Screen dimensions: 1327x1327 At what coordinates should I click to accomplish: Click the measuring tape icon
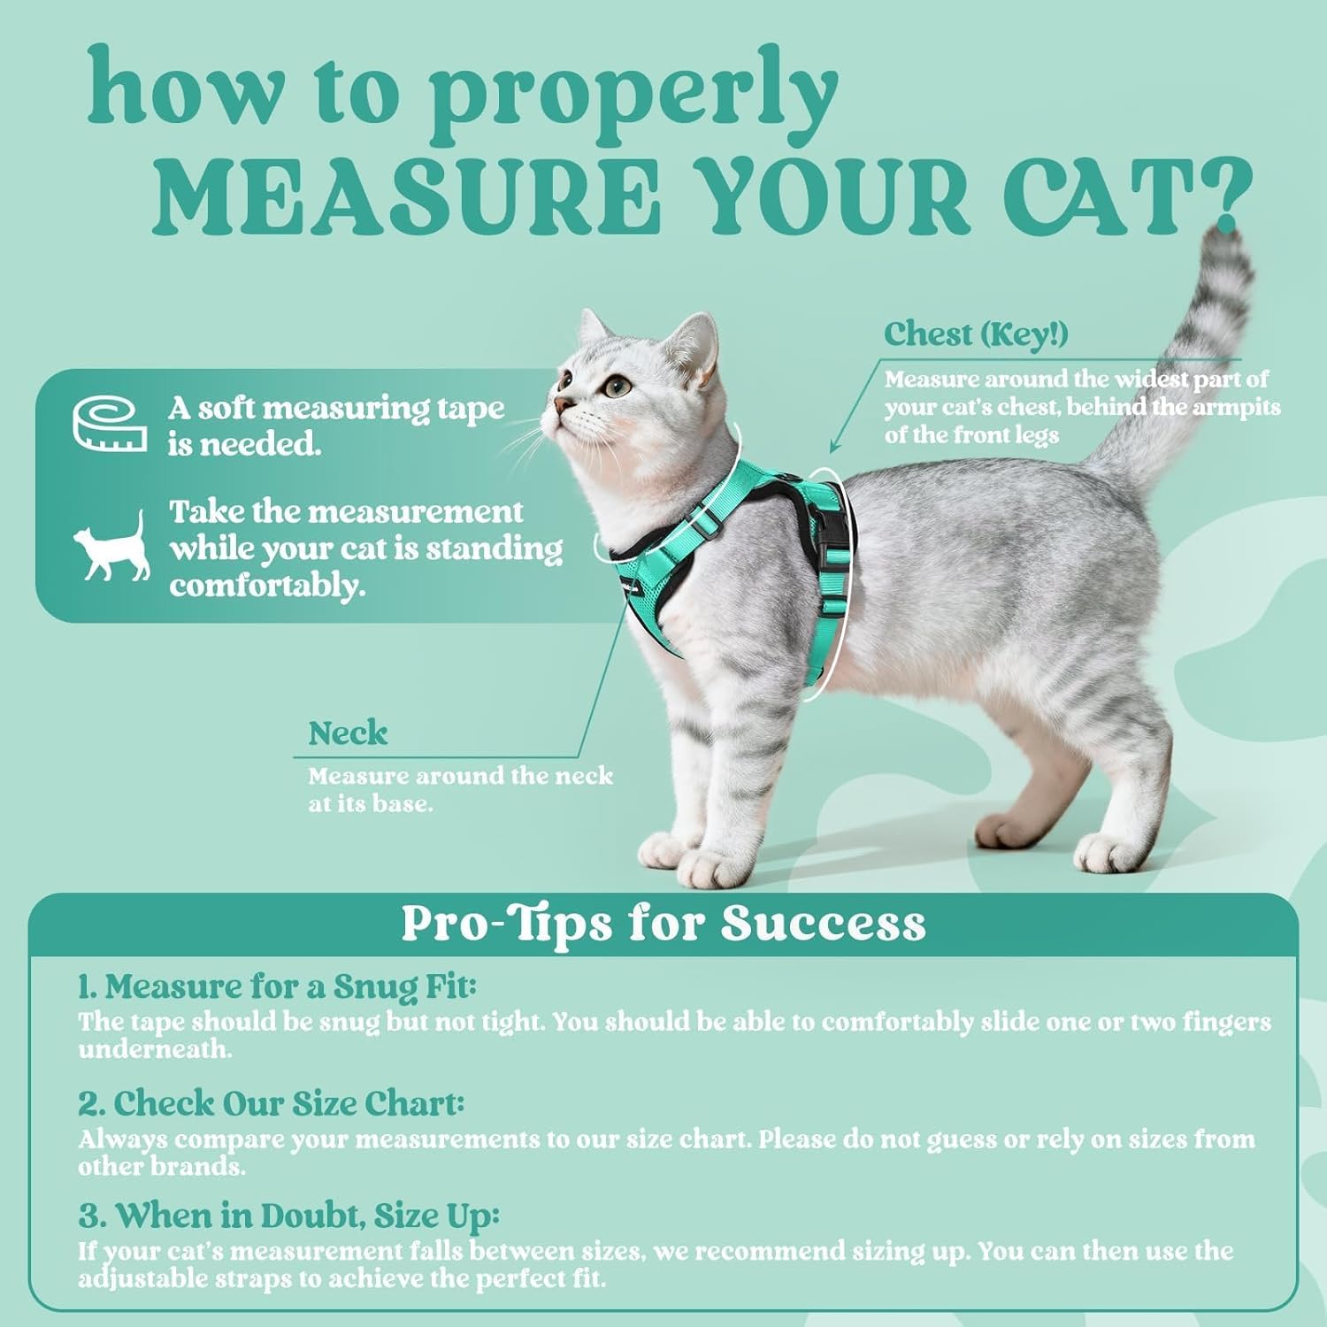click(x=109, y=424)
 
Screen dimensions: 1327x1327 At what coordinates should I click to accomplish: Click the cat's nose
click(x=560, y=405)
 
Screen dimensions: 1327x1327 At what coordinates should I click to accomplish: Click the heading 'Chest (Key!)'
click(x=976, y=334)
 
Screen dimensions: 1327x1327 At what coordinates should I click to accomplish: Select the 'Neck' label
click(x=348, y=733)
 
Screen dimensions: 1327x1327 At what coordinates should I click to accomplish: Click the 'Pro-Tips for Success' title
click(x=663, y=923)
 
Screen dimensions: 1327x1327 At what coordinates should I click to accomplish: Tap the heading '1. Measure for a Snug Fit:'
click(x=277, y=986)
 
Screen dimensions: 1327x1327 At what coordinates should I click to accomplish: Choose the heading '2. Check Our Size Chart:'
click(x=271, y=1103)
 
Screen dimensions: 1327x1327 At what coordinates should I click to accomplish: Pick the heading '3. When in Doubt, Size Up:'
click(x=288, y=1216)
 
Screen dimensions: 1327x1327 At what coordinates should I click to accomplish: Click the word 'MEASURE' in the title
click(x=407, y=196)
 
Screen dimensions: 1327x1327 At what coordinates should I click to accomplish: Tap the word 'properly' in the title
click(x=633, y=93)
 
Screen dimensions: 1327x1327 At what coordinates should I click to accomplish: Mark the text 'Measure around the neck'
click(x=460, y=777)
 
